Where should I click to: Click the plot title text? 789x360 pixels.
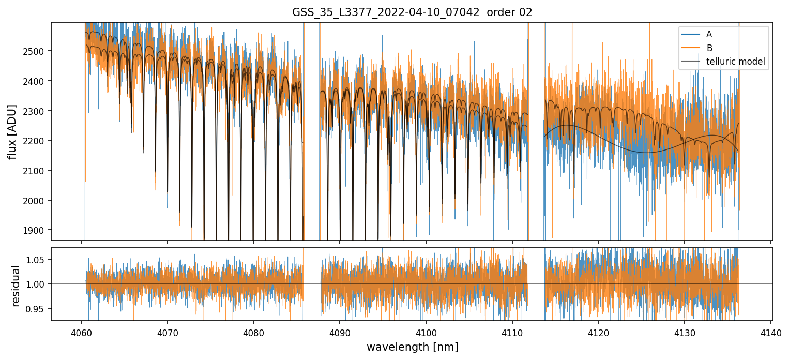(412, 12)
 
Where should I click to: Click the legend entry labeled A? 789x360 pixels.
(709, 34)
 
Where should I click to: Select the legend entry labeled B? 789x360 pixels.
(709, 48)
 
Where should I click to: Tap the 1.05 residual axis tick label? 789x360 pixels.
(39, 260)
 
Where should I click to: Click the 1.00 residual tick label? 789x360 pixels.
(39, 284)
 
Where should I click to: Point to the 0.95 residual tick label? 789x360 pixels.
(39, 309)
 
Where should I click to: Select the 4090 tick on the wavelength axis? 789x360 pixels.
(340, 332)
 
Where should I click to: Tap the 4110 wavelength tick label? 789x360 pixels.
(512, 332)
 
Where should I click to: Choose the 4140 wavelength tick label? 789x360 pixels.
(771, 332)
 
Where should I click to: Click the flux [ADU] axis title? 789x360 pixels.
(12, 131)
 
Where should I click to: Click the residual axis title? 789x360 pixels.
(16, 286)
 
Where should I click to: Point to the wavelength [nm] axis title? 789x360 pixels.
(412, 347)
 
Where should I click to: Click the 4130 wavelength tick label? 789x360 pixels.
(685, 332)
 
